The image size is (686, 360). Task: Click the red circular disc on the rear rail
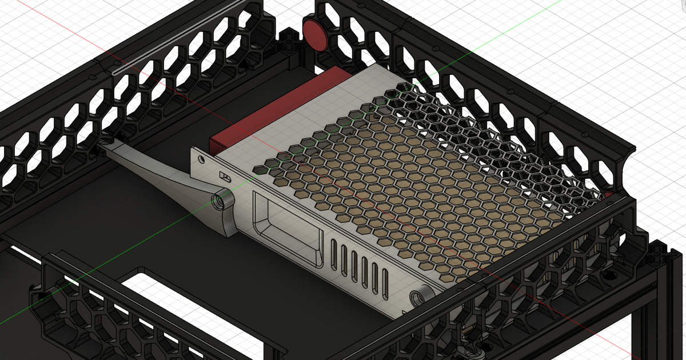316,34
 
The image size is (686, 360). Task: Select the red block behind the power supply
269,114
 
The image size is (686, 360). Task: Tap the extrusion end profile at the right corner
657,254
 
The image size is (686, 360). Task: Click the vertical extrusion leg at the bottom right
657,320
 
